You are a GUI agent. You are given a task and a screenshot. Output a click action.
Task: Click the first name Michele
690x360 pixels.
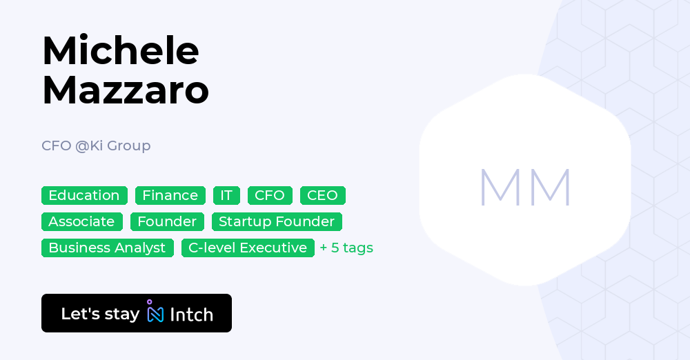click(121, 50)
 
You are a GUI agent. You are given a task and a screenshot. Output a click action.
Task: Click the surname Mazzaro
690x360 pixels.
click(126, 90)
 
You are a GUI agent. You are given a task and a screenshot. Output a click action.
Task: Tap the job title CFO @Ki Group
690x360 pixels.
click(96, 146)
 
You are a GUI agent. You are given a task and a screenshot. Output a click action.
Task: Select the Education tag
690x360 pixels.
click(84, 195)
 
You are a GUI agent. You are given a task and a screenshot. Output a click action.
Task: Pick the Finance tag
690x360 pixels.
click(170, 195)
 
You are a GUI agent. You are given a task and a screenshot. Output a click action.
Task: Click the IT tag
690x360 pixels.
click(226, 195)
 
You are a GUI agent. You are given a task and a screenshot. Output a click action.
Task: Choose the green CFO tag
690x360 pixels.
click(270, 195)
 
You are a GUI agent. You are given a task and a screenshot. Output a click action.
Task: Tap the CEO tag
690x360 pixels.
click(322, 195)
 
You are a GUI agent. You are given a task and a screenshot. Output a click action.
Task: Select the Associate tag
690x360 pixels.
click(82, 222)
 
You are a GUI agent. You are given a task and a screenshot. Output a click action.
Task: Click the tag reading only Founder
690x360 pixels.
click(167, 222)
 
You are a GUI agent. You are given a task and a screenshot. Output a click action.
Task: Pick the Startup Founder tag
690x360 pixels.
click(277, 222)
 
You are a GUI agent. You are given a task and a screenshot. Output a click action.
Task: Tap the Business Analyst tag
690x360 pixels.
click(108, 248)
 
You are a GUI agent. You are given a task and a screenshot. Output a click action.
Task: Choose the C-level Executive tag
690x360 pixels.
click(248, 248)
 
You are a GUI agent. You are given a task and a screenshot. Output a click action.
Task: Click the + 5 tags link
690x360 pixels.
click(346, 248)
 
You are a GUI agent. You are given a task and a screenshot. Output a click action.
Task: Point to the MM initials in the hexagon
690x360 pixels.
click(525, 188)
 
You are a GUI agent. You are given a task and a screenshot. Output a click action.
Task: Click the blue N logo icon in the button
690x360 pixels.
click(155, 314)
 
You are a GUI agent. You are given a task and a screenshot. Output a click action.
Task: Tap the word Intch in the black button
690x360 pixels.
click(191, 314)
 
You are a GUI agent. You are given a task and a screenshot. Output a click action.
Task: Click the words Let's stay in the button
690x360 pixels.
click(100, 314)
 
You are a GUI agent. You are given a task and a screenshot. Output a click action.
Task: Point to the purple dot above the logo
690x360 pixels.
click(150, 302)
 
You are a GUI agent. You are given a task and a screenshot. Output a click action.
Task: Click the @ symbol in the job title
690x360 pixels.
click(82, 146)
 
